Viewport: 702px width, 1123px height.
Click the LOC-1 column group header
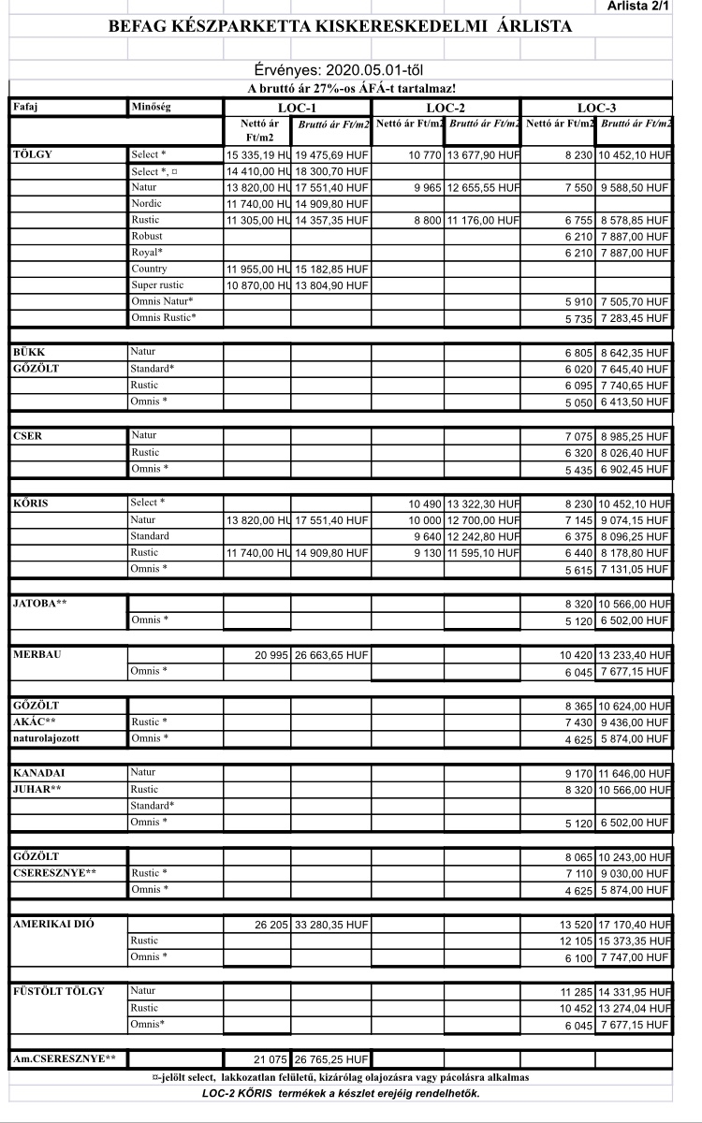pyautogui.click(x=297, y=109)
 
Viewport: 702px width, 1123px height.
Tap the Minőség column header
pyautogui.click(x=151, y=109)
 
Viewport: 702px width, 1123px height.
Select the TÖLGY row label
pyautogui.click(x=34, y=153)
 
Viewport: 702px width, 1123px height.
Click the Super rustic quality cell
pyautogui.click(x=158, y=284)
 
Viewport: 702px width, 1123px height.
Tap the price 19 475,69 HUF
pyautogui.click(x=332, y=154)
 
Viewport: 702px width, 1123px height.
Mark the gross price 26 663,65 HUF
pyautogui.click(x=332, y=655)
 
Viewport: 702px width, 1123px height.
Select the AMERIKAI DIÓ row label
pyautogui.click(x=52, y=925)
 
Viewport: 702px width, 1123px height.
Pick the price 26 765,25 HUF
pyautogui.click(x=332, y=1060)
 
